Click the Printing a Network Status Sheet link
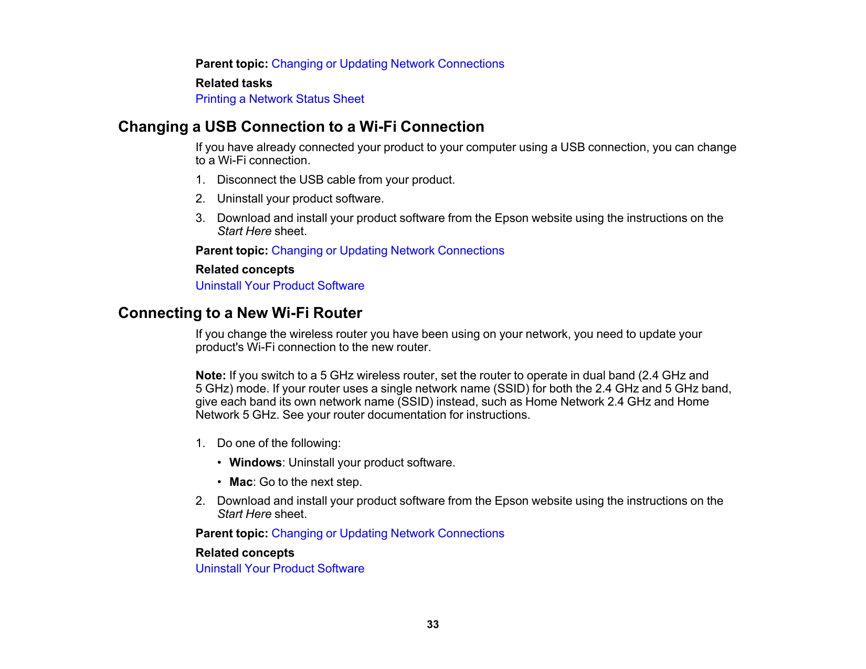click(x=280, y=99)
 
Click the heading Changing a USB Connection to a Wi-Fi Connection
click(x=301, y=127)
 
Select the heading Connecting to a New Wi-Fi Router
click(x=240, y=313)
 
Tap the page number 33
click(x=432, y=624)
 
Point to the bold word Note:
click(x=210, y=376)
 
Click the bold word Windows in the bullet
click(x=256, y=463)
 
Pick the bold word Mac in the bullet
click(x=241, y=482)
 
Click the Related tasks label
click(x=234, y=83)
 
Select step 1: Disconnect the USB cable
click(x=335, y=180)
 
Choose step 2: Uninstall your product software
click(x=300, y=199)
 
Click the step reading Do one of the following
click(x=279, y=443)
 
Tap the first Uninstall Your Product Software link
click(x=280, y=286)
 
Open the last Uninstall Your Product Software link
click(x=280, y=569)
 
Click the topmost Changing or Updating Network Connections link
click(x=387, y=64)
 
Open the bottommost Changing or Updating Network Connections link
click(x=387, y=534)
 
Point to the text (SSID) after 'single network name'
click(x=511, y=389)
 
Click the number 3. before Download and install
click(x=200, y=218)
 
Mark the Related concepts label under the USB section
click(x=245, y=270)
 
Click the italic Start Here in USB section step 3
click(x=244, y=231)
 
